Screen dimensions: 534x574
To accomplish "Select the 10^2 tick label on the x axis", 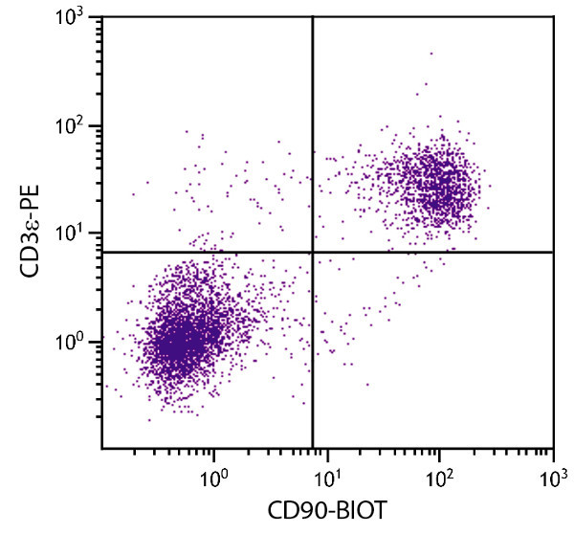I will pos(440,472).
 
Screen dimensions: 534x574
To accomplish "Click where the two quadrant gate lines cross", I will pos(313,252).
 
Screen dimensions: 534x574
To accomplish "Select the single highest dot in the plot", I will pos(430,54).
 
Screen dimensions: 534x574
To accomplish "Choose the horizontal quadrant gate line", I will pos(430,252).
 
